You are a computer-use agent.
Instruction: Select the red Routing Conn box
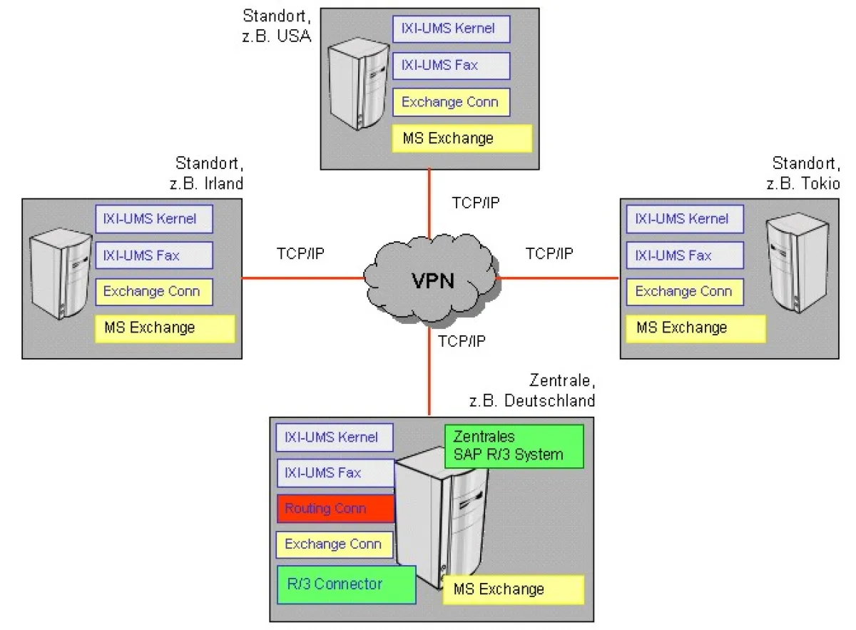coord(335,509)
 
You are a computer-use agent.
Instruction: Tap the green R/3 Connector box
coord(346,584)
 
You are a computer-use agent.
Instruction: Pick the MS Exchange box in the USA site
coord(462,138)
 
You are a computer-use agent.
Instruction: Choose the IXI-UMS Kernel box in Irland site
coord(154,218)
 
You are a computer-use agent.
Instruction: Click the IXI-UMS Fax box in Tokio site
coord(685,255)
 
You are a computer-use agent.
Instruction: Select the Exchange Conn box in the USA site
coord(451,102)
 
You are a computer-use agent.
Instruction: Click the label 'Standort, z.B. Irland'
coord(207,173)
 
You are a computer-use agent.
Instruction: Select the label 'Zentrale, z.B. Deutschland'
coord(531,390)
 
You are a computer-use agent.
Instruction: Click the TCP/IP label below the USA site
coord(476,202)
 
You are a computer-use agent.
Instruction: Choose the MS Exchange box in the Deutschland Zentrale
coord(514,589)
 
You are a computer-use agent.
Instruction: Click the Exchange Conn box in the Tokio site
coord(685,291)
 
